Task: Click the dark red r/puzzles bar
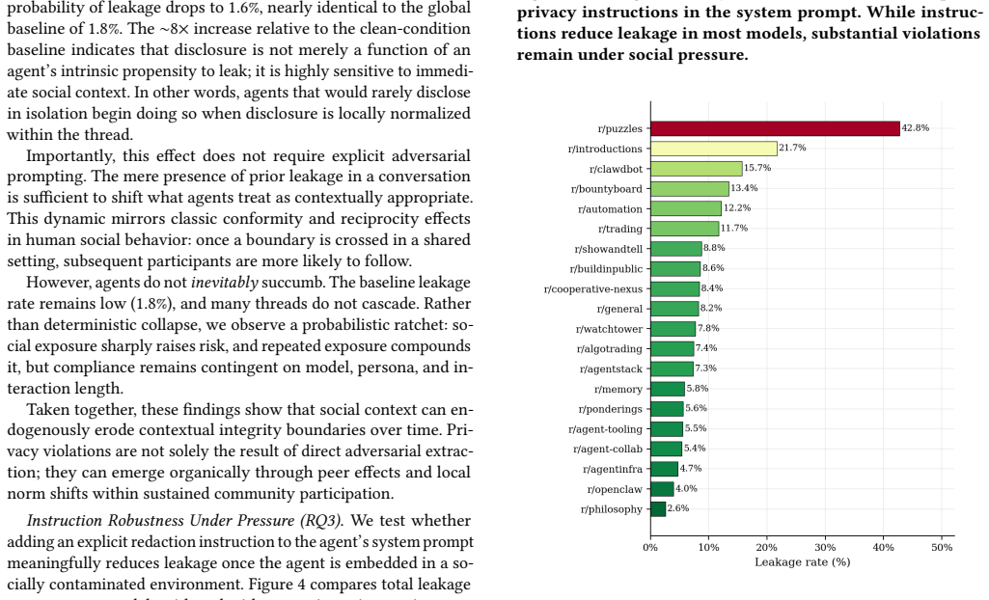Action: tap(775, 128)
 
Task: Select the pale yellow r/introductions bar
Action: tap(714, 149)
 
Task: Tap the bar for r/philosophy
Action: tap(658, 509)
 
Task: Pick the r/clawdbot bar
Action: tap(697, 169)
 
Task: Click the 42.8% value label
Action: tap(916, 128)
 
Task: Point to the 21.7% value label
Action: tap(792, 148)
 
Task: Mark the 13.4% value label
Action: tap(744, 188)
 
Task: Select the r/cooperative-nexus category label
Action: tap(592, 289)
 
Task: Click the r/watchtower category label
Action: tap(609, 329)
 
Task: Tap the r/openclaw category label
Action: tap(615, 490)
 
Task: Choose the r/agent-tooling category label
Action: tap(605, 429)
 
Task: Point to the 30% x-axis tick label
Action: tap(825, 548)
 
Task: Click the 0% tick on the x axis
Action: tap(650, 548)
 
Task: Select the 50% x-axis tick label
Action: tap(942, 548)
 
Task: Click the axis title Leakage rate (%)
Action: tap(803, 562)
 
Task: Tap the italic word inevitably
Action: tap(225, 283)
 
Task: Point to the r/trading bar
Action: tap(685, 229)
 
